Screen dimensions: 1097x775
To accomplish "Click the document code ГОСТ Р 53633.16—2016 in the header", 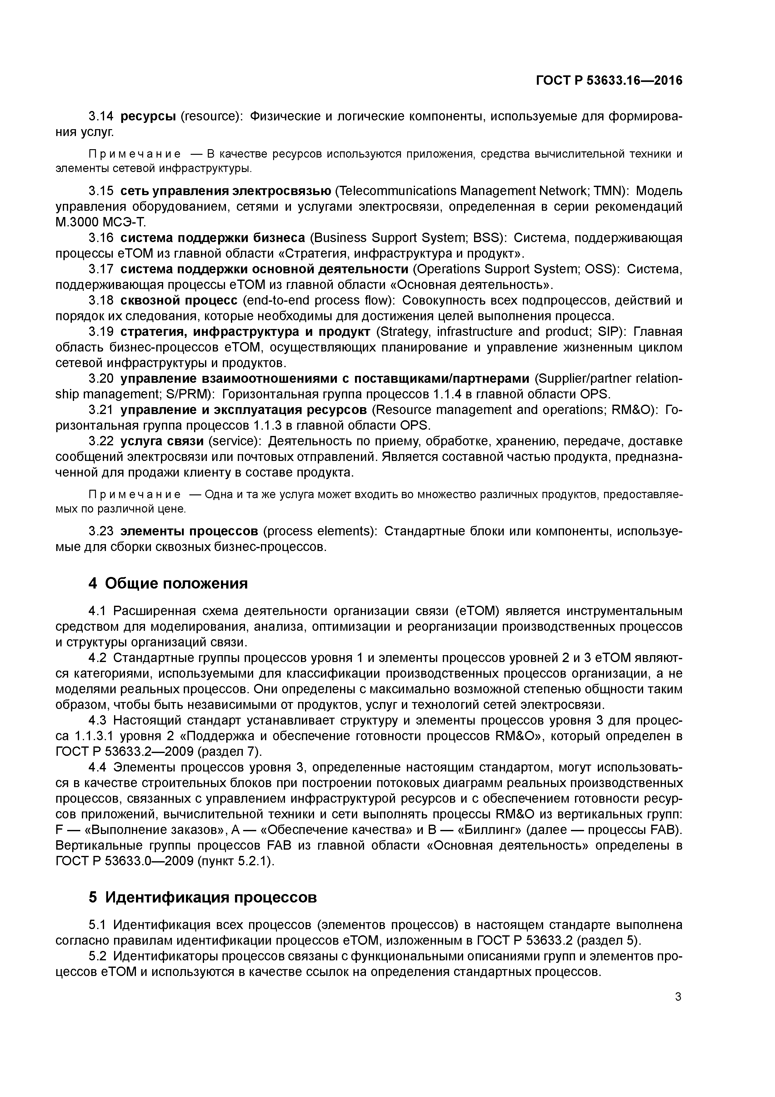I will pyautogui.click(x=609, y=81).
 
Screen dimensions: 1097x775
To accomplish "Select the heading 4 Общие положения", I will pyautogui.click(x=168, y=583).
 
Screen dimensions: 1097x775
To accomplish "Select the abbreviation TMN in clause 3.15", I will pyautogui.click(x=608, y=191).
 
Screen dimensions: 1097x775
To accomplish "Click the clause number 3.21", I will pyautogui.click(x=101, y=410).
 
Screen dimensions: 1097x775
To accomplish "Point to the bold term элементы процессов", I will pyautogui.click(x=189, y=531).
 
